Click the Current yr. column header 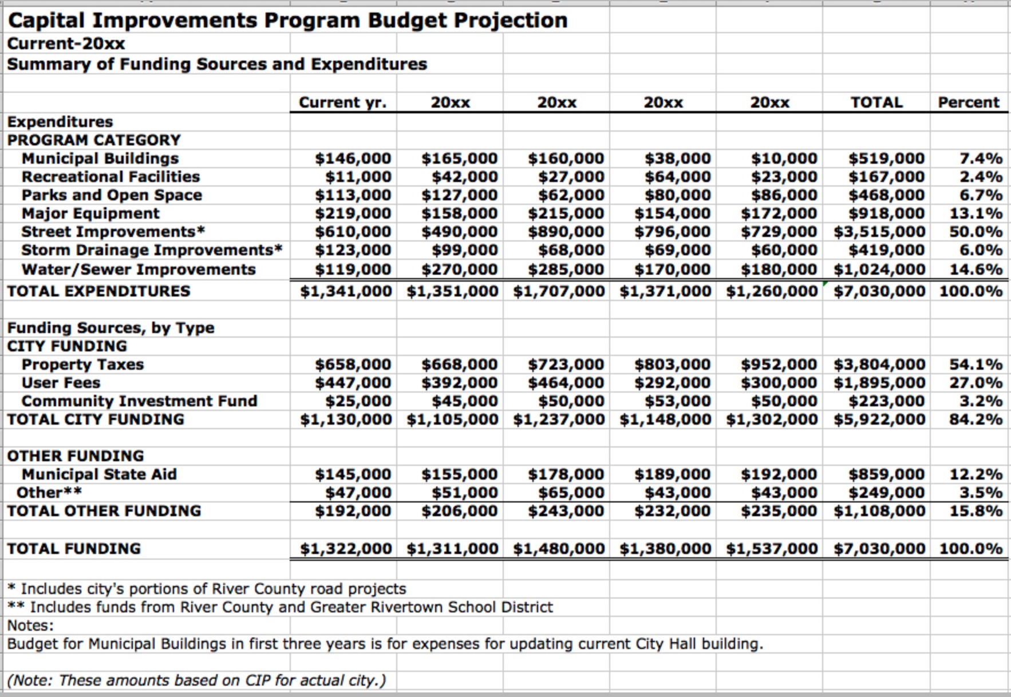pyautogui.click(x=342, y=102)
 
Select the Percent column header pyautogui.click(x=968, y=102)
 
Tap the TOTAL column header pyautogui.click(x=876, y=102)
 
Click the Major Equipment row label pyautogui.click(x=90, y=213)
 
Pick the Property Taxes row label pyautogui.click(x=82, y=365)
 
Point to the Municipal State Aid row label pyautogui.click(x=99, y=474)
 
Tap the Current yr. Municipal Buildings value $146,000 pyautogui.click(x=353, y=159)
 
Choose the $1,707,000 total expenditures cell pyautogui.click(x=559, y=291)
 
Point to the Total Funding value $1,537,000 pyautogui.click(x=772, y=549)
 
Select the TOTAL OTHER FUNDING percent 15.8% pyautogui.click(x=976, y=511)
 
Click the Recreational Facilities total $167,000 pyautogui.click(x=886, y=177)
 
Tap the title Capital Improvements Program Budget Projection pyautogui.click(x=287, y=21)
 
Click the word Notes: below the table pyautogui.click(x=30, y=625)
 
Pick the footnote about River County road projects pyautogui.click(x=207, y=589)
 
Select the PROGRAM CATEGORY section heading pyautogui.click(x=94, y=140)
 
